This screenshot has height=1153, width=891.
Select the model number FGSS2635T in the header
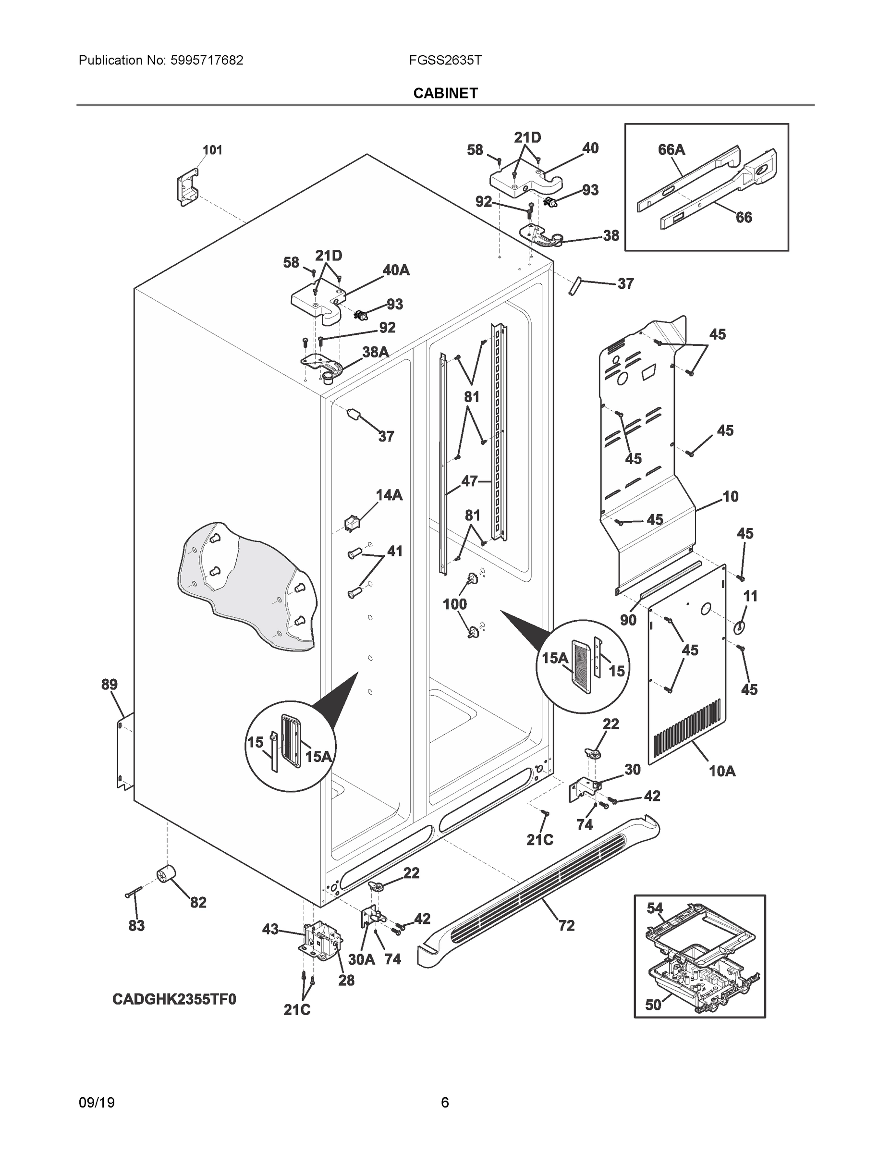445,61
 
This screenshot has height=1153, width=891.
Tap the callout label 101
212,150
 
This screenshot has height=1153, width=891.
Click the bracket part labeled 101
186,188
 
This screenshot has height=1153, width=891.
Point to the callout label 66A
671,150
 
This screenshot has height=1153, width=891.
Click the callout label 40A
396,270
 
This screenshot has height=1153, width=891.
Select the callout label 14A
389,495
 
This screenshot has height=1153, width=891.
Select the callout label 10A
721,771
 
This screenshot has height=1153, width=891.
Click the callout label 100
454,604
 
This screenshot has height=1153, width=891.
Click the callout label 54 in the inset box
655,908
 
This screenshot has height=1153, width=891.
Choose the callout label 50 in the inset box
653,1005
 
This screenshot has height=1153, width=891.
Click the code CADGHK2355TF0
174,999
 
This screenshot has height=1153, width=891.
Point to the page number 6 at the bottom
444,1088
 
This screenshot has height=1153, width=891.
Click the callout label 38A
375,352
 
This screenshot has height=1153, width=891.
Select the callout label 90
628,620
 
